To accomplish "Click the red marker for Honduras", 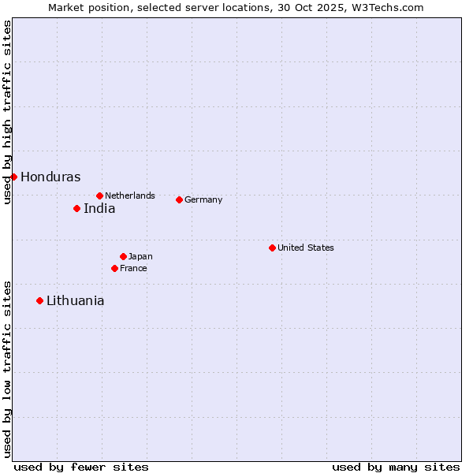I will point(13,177).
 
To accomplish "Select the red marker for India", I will point(76,208).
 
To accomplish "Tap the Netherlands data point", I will point(99,196).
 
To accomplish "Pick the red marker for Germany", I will point(179,199).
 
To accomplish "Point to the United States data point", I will point(272,248).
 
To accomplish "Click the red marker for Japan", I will point(123,256).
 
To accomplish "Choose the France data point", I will point(114,268).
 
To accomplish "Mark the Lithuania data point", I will point(39,300).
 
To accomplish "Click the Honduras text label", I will point(50,177).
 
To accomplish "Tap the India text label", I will point(99,209).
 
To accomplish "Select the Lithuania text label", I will point(75,301).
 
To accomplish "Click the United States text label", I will point(306,248).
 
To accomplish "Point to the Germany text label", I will point(203,200).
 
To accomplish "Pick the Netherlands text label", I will point(130,196).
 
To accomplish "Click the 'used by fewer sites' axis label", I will point(81,467).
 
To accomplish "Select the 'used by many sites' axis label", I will point(396,467).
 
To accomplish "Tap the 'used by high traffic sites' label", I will point(7,112).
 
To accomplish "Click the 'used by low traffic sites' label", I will point(7,369).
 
